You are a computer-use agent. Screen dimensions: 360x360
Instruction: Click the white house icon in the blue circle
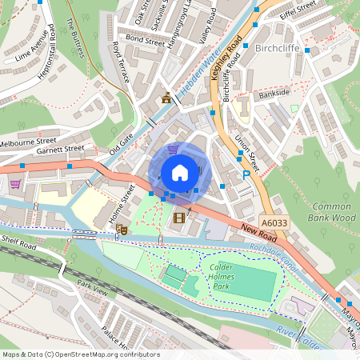[x=180, y=172]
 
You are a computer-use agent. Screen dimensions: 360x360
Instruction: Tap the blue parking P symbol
[x=246, y=175]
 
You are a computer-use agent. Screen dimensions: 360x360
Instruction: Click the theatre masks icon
[x=122, y=230]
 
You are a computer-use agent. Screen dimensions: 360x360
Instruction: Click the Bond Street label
[x=145, y=38]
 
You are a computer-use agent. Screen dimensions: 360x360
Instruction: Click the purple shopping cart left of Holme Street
[x=15, y=184]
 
